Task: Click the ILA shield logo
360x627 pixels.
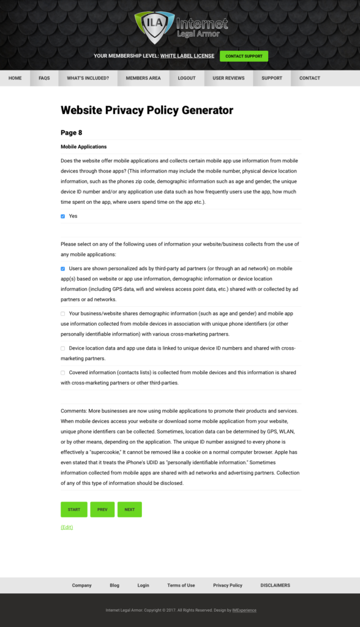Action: coord(154,26)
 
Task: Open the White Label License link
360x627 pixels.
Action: coord(187,56)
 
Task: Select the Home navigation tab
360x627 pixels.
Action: coord(15,78)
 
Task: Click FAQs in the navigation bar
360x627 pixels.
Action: coord(44,78)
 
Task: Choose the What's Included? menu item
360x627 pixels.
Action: coord(88,78)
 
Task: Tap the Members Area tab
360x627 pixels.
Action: coord(143,78)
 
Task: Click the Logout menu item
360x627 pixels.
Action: coord(187,78)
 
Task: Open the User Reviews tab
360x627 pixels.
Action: coord(228,78)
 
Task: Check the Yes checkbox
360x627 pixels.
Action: coord(63,216)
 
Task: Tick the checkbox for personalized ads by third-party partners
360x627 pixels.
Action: coord(63,269)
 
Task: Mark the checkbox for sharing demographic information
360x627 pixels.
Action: coord(63,313)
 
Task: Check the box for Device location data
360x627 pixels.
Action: coord(63,348)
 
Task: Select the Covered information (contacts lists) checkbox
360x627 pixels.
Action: coord(63,372)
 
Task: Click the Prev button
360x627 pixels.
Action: coord(102,509)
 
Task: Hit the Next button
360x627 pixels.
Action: coord(130,509)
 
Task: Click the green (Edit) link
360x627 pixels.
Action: coord(67,527)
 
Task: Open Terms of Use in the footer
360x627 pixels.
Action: coord(181,585)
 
